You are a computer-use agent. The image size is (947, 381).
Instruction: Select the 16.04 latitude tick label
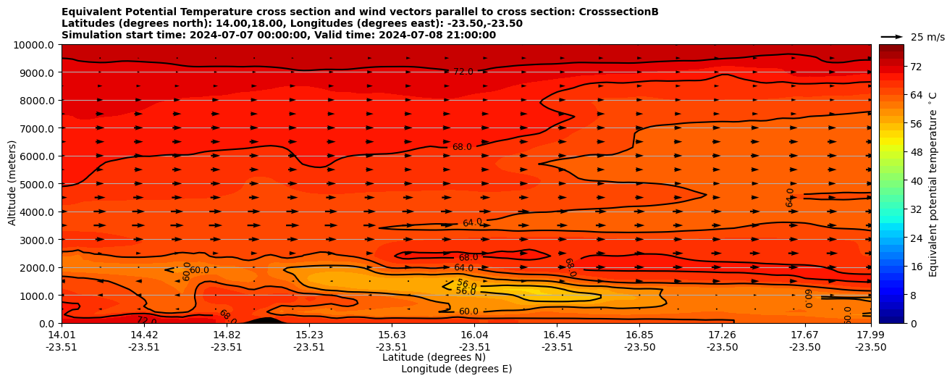tap(474, 335)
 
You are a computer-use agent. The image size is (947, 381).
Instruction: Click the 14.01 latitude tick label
tap(62, 335)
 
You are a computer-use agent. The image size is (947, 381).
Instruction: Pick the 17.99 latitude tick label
tap(870, 335)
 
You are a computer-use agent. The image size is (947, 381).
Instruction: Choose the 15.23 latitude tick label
tap(309, 335)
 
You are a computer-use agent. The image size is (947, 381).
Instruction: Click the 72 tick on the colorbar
tap(895, 67)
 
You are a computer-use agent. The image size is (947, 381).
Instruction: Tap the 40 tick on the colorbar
tap(895, 181)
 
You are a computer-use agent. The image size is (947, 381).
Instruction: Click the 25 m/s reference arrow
tap(892, 37)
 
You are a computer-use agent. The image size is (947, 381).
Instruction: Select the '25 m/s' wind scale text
tap(927, 37)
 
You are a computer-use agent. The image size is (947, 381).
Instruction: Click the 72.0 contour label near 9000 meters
tap(463, 72)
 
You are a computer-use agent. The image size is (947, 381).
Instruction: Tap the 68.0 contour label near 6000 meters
tap(462, 147)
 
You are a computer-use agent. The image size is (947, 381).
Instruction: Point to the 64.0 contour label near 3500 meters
tap(472, 222)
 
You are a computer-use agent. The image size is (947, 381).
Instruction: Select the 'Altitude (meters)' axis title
tap(12, 184)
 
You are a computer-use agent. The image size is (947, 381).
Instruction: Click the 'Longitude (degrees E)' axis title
tap(456, 369)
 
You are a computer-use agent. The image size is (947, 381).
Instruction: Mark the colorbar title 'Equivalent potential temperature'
tap(933, 184)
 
